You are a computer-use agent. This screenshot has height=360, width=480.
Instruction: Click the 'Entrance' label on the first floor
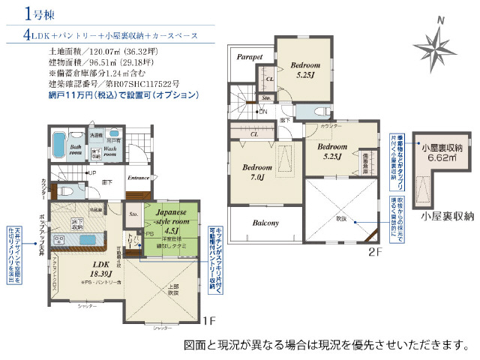tap(138, 178)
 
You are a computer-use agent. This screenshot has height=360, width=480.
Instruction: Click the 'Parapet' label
tap(250, 56)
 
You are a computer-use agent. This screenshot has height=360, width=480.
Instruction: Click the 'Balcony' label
tap(265, 223)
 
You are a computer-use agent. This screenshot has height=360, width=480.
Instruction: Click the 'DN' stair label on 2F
tap(262, 112)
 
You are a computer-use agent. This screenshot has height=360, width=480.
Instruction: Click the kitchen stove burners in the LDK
tap(58, 240)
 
